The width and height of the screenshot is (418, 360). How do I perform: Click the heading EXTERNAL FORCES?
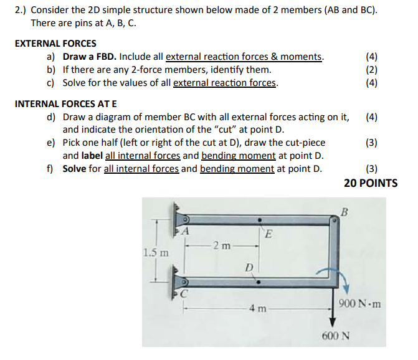(x=55, y=44)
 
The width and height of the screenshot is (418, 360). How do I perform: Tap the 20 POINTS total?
(x=370, y=183)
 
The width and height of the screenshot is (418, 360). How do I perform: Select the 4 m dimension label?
(x=258, y=309)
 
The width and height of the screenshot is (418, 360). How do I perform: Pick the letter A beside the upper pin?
(x=185, y=232)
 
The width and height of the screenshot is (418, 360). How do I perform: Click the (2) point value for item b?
(x=371, y=70)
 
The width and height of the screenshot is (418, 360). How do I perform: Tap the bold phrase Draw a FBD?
(x=91, y=57)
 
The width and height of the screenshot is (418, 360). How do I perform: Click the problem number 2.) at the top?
(x=22, y=11)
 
